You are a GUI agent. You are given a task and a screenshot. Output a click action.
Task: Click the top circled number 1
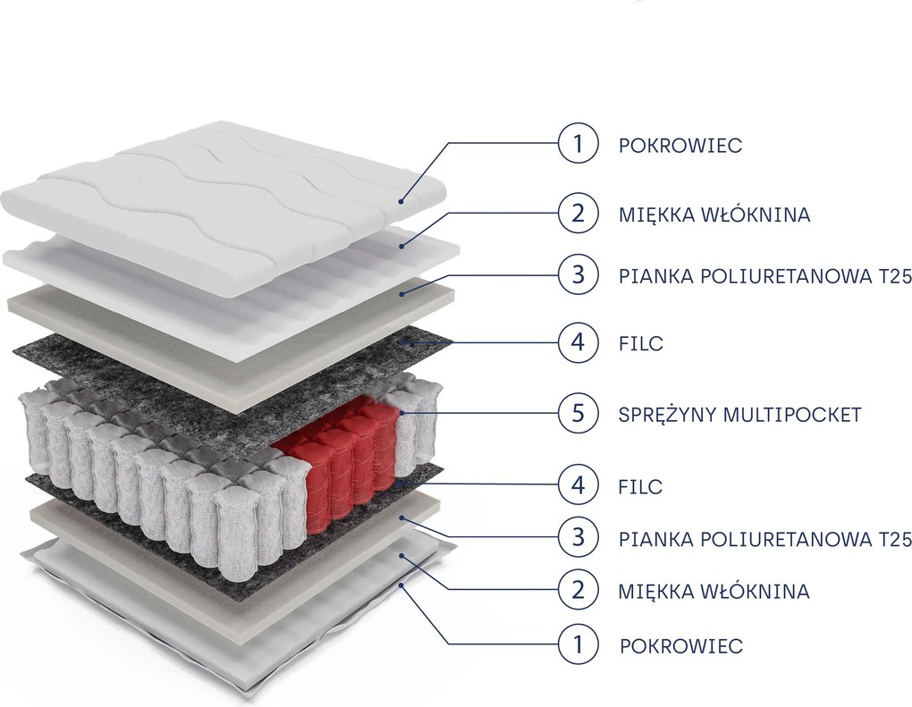coord(578,143)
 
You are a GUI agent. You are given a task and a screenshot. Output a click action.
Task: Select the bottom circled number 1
coord(578,644)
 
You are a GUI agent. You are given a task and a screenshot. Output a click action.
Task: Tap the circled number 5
coord(578,414)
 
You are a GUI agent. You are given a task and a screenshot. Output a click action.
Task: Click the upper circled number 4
coord(578,341)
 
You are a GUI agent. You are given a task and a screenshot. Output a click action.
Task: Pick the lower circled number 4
coord(578,485)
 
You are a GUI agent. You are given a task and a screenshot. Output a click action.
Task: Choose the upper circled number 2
coord(578,214)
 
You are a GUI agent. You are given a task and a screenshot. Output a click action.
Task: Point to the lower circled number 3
coord(578,538)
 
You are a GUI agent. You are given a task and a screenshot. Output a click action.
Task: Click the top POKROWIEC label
coord(680,146)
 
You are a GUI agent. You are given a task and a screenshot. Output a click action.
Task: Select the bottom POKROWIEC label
coord(681,646)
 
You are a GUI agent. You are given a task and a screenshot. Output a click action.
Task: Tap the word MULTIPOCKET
coord(792,415)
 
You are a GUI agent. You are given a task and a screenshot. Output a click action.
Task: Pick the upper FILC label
coord(641,343)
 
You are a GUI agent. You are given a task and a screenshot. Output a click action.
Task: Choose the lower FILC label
coord(641,486)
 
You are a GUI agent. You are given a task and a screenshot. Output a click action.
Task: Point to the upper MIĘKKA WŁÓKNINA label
coord(714,214)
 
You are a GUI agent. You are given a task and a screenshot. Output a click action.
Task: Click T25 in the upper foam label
coord(896,277)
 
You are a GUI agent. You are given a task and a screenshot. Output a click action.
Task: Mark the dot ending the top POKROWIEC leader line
coord(401,201)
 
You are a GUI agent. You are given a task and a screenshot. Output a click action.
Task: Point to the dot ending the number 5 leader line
coord(401,413)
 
